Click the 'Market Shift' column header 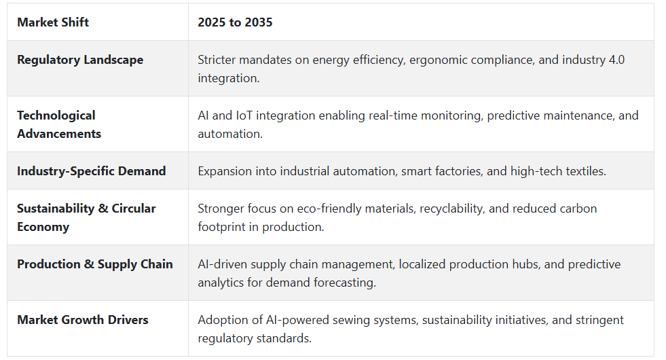pos(53,22)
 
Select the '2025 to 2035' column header pos(235,22)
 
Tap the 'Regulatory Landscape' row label pos(80,60)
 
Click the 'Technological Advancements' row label pos(59,124)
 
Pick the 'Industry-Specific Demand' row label pos(92,171)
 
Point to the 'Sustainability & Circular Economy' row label pos(86,217)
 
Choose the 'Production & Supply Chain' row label pos(95,264)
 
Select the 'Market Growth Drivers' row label pos(83,320)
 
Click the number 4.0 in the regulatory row pos(616,60)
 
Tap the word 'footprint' pos(221,228)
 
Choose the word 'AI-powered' pos(297,320)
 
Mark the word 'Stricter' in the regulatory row pos(217,60)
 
